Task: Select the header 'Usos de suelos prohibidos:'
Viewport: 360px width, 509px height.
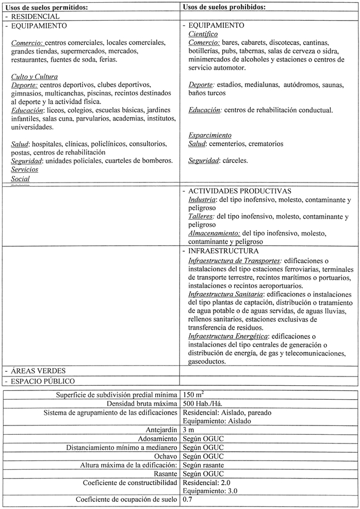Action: tap(224, 7)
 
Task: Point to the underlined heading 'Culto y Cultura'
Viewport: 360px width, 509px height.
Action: tap(34, 76)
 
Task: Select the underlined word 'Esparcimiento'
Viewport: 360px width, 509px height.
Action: tap(210, 135)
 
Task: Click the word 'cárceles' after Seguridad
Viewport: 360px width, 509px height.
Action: tap(235, 160)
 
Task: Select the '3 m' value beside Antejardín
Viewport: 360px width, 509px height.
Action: tap(189, 429)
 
